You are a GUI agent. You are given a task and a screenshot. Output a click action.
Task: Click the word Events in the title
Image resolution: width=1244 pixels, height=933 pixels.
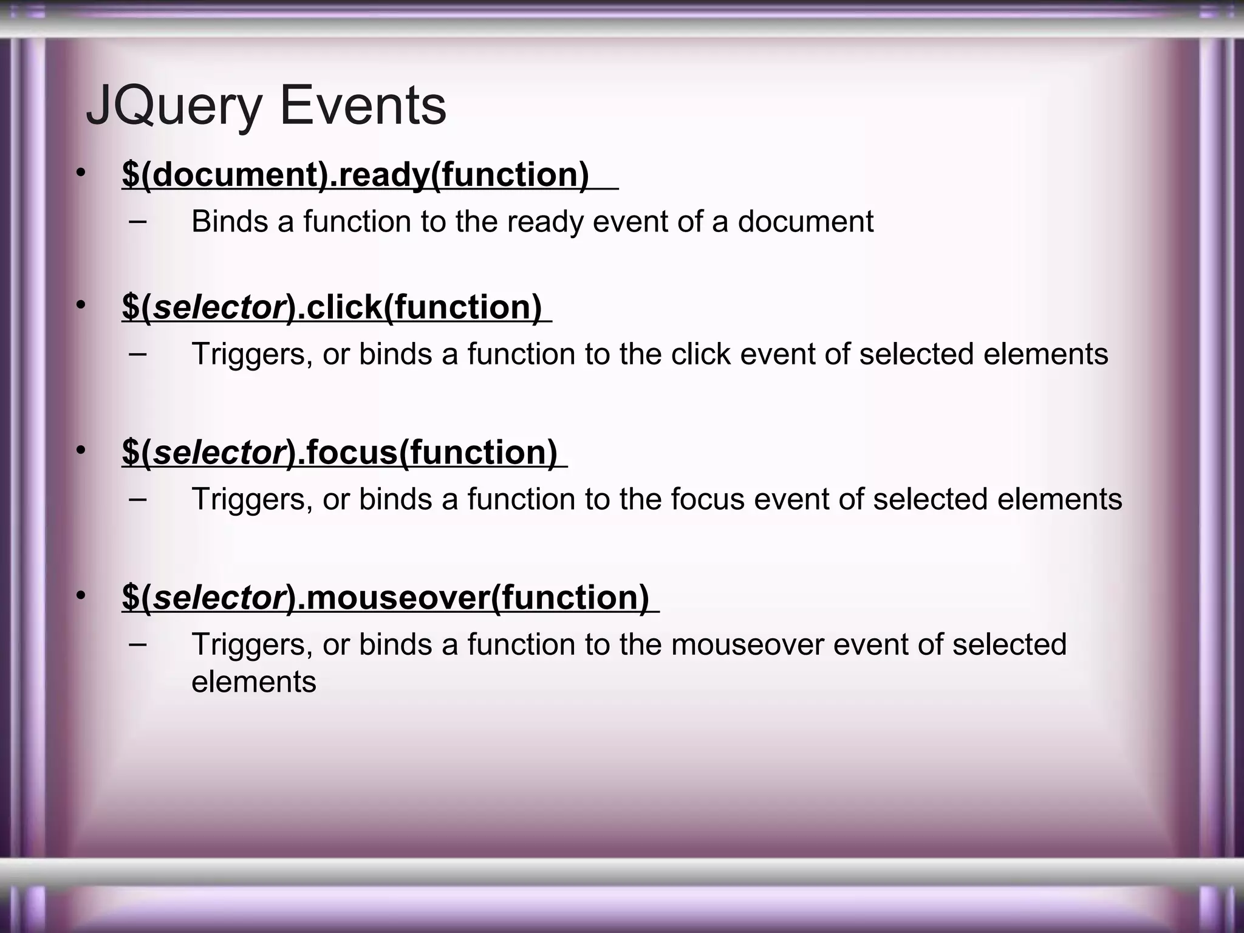[x=363, y=106]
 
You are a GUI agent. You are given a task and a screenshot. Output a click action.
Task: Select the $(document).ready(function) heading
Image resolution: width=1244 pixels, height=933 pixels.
[x=355, y=174]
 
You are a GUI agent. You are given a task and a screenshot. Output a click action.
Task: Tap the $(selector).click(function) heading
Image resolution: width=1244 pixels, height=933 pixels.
[x=332, y=307]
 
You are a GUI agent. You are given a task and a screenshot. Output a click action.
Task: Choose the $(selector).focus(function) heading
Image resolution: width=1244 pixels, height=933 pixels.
[x=340, y=452]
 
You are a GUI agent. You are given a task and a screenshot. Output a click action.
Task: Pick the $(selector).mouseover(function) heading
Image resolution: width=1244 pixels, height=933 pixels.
[x=385, y=597]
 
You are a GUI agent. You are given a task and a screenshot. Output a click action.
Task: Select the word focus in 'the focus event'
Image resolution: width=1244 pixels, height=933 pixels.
[x=708, y=499]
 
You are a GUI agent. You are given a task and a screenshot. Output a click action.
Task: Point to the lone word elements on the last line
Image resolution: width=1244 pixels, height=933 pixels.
[x=254, y=682]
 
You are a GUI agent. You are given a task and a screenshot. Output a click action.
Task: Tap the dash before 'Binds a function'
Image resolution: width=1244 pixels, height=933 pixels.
[x=138, y=220]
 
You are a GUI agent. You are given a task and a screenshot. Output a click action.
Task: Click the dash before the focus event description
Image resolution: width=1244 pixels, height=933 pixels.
[x=138, y=498]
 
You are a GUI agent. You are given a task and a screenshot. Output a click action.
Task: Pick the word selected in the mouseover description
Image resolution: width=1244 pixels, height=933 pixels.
[x=1009, y=644]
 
